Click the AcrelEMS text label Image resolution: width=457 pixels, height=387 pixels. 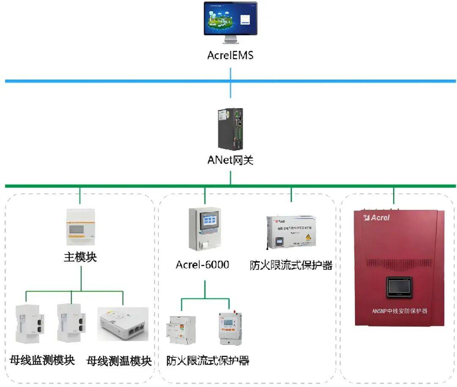230,55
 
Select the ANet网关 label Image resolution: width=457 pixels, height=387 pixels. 230,160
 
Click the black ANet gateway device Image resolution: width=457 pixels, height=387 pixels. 230,129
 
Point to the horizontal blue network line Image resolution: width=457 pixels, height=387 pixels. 127,81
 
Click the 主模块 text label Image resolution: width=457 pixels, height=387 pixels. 80,257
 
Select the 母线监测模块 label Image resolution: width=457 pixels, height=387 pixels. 42,360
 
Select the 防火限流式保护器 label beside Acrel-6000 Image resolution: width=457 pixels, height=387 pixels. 291,266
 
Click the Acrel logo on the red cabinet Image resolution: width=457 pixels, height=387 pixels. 376,218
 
